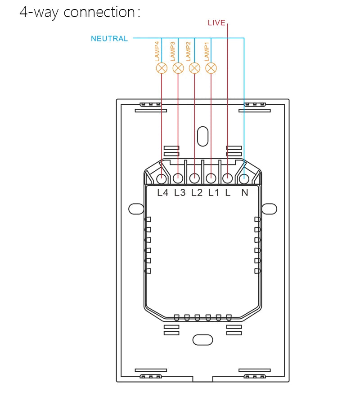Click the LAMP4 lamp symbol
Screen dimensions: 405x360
click(162, 68)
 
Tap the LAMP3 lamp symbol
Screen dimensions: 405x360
click(178, 68)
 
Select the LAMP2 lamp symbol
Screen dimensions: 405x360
click(194, 68)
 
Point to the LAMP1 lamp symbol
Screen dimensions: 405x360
click(211, 68)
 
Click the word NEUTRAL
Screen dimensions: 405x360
click(109, 39)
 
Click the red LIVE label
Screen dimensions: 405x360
click(216, 22)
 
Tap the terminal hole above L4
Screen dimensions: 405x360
click(162, 178)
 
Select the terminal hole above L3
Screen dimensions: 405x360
click(178, 178)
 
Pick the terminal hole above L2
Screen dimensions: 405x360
click(194, 178)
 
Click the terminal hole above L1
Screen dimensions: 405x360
click(211, 178)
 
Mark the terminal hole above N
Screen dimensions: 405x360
click(244, 178)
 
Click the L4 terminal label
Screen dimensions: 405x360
click(162, 193)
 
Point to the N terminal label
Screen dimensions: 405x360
click(245, 193)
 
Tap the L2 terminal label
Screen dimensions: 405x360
click(197, 193)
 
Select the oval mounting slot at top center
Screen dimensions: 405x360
click(203, 136)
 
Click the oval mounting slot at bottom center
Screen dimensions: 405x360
click(203, 340)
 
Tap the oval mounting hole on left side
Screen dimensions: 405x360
click(135, 209)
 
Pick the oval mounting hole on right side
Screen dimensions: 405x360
click(270, 209)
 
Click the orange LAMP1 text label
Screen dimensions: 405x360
click(207, 52)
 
